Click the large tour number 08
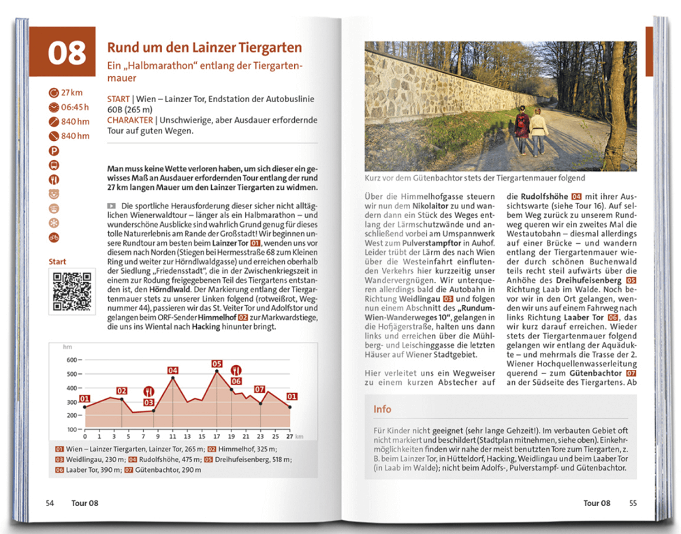pyautogui.click(x=67, y=53)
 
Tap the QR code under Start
pyautogui.click(x=71, y=292)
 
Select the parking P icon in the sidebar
pyautogui.click(x=54, y=150)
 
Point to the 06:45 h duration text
pyautogui.click(x=75, y=107)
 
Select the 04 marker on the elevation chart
pyautogui.click(x=173, y=371)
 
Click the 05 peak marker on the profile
pyautogui.click(x=217, y=363)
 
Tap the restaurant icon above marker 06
pyautogui.click(x=236, y=370)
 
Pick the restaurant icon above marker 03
pyautogui.click(x=149, y=392)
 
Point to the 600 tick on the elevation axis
pyautogui.click(x=71, y=360)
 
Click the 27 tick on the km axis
pyautogui.click(x=289, y=436)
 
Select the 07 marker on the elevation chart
pyautogui.click(x=259, y=390)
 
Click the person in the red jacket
pyautogui.click(x=522, y=129)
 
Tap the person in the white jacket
pyautogui.click(x=539, y=129)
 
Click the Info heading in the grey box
pyautogui.click(x=383, y=409)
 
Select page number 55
pyautogui.click(x=633, y=503)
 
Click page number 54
pyautogui.click(x=50, y=503)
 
